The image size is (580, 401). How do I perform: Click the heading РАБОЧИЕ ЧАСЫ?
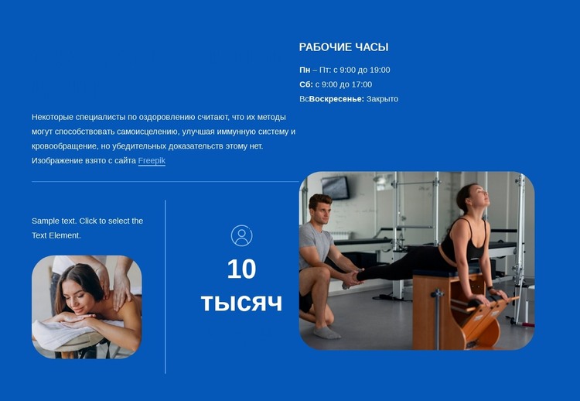tap(343, 47)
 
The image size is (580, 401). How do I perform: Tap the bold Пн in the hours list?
tap(305, 70)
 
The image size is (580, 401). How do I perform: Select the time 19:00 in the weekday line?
tap(378, 70)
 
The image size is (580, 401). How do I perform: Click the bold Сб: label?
tap(305, 84)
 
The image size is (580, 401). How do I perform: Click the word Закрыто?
tap(382, 99)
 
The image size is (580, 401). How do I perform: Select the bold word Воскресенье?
tap(336, 99)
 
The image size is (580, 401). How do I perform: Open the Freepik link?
tap(152, 161)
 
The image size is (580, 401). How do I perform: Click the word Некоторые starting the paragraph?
tap(53, 117)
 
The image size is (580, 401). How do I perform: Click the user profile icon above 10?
tap(241, 235)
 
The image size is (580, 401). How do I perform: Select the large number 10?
tap(241, 269)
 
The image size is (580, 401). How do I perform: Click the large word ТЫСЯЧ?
tap(241, 303)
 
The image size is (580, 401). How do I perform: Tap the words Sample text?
tap(54, 221)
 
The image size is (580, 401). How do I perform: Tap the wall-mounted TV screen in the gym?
tap(336, 187)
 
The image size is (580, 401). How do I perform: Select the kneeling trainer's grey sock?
tap(326, 331)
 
